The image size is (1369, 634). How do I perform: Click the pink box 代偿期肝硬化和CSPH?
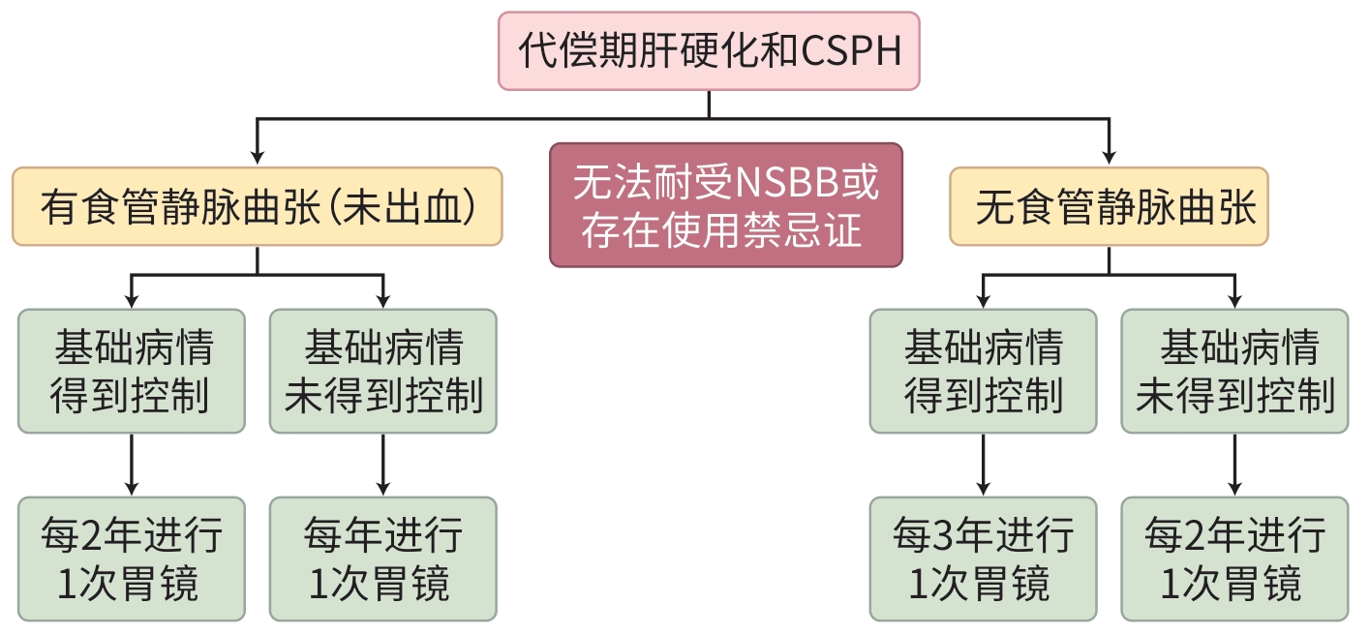(709, 50)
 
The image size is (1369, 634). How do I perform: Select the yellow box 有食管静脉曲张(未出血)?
(258, 206)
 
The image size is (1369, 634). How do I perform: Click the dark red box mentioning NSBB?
(726, 205)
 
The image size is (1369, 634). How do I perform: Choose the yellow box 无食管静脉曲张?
(1109, 206)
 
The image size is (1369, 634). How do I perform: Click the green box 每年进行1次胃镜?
(382, 559)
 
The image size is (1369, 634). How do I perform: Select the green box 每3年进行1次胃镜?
(983, 559)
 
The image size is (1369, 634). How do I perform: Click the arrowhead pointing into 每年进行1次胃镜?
(382, 489)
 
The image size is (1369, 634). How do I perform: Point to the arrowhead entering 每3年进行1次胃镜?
(983, 489)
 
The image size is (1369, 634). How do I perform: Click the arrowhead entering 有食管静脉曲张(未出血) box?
(258, 158)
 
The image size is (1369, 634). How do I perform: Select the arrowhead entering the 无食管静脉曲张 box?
(1109, 158)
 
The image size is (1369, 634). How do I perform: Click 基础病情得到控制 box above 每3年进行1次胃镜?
(983, 371)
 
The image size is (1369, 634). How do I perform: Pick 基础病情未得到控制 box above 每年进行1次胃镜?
(382, 371)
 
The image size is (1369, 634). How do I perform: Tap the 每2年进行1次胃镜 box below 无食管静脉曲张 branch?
(1234, 559)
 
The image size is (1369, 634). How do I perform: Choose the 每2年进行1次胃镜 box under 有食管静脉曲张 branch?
(132, 559)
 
